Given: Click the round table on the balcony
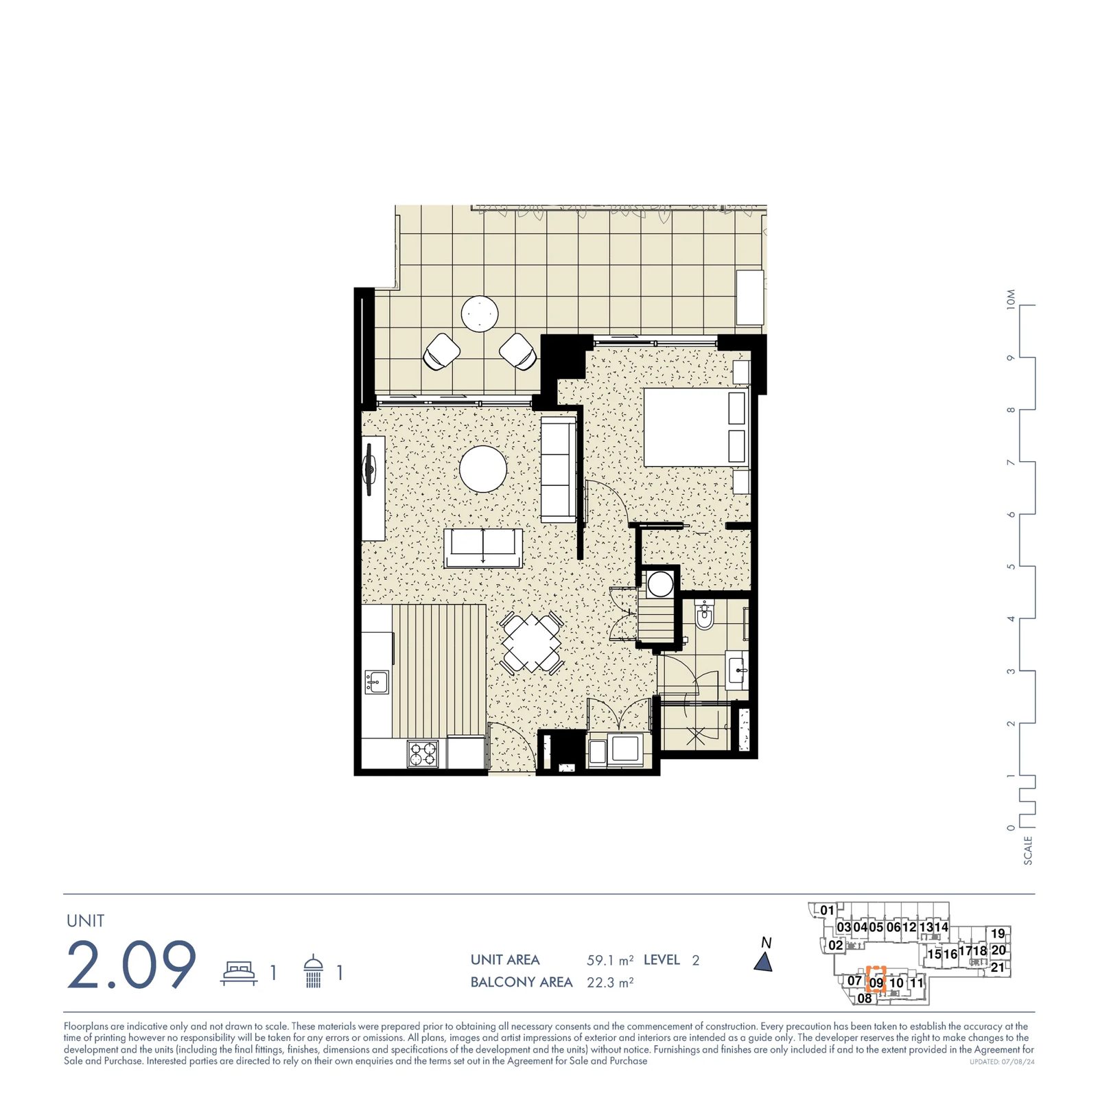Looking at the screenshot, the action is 480,314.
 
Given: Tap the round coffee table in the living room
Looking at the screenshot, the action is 483,469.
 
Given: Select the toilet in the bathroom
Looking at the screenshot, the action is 705,614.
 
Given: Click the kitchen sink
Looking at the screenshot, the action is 377,681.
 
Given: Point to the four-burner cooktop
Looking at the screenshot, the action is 423,754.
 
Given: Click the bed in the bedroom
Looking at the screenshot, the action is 695,427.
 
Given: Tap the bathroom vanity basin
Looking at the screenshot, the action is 737,669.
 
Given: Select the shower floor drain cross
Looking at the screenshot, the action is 695,736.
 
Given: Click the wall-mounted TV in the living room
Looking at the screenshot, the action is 370,469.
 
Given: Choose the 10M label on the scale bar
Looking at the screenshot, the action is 1011,299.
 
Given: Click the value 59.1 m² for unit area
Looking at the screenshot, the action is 610,960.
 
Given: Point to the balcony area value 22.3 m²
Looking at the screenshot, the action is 610,982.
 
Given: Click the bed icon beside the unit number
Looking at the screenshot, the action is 239,972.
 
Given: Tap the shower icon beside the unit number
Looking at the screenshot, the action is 313,971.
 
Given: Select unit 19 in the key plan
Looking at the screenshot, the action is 998,933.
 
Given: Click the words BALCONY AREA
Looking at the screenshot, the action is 522,982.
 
